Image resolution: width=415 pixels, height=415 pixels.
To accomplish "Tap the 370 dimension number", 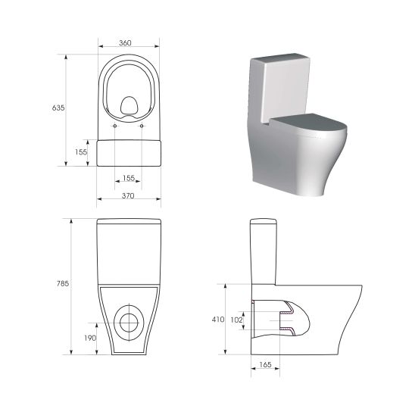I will point(128,196).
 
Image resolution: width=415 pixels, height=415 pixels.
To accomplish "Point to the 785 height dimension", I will point(63,283).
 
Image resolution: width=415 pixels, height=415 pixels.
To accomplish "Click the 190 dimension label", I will point(89,338).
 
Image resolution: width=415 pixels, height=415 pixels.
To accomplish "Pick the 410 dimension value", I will point(217,320).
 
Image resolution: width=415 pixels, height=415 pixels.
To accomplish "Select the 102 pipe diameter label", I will point(236,320).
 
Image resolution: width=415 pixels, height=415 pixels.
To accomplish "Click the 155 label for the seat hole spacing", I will point(128,178).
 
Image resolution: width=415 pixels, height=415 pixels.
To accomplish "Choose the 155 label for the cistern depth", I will point(81,152).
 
